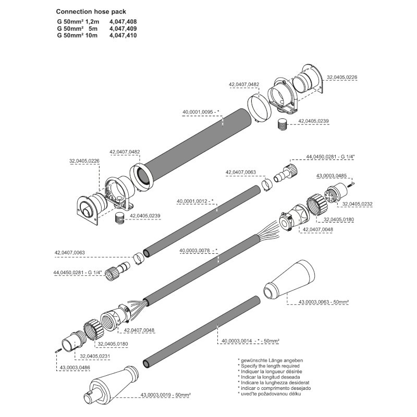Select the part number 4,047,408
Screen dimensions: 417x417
point(123,22)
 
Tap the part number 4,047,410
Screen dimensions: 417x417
point(123,35)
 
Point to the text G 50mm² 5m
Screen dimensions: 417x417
point(78,29)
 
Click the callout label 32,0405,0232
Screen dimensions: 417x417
point(358,203)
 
